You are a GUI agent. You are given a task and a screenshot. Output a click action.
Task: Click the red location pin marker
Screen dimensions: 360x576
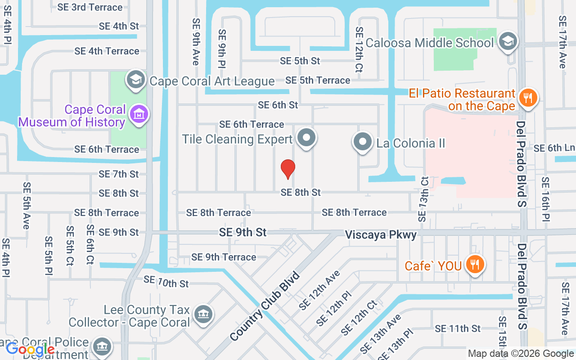point(288,169)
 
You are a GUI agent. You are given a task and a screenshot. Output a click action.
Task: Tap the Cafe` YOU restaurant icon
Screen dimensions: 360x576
point(474,264)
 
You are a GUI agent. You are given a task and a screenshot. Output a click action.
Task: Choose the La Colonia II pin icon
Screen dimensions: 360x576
point(362,142)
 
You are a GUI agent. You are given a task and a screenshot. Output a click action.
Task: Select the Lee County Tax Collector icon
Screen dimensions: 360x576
point(203,315)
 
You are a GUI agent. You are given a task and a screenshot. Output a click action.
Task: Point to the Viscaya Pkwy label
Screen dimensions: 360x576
point(381,235)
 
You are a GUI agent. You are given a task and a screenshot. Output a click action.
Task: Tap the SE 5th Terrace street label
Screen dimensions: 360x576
point(318,81)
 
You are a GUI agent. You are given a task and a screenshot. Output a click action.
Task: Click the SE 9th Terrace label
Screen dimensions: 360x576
point(224,257)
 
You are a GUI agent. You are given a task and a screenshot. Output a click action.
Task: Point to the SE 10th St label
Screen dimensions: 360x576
point(166,282)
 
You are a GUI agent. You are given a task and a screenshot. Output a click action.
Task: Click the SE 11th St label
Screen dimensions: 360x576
point(458,328)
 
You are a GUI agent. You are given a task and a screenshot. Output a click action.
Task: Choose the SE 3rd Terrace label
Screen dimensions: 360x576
point(90,7)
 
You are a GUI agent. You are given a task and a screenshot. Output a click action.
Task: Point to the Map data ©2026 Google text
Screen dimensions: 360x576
point(521,354)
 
